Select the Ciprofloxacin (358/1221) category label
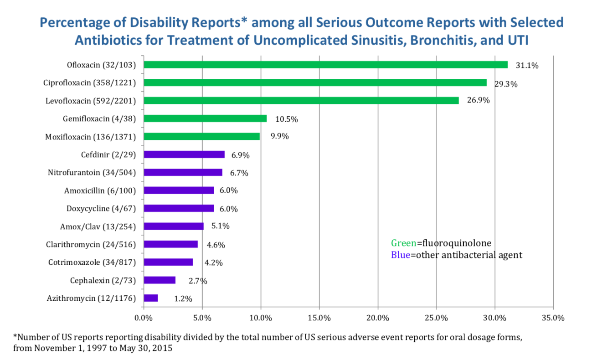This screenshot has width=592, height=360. (x=93, y=83)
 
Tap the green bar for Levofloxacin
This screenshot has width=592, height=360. (x=301, y=101)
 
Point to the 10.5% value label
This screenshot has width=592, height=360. (x=286, y=119)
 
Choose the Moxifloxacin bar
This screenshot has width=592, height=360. (x=201, y=136)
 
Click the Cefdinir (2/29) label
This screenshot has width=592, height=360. (x=109, y=154)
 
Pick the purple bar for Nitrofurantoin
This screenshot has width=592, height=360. (x=183, y=172)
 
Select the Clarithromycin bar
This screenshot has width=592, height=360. (x=170, y=244)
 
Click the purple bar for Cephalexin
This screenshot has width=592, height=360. (x=159, y=280)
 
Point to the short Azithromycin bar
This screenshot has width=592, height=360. (x=150, y=298)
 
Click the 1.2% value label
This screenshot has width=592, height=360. (x=183, y=299)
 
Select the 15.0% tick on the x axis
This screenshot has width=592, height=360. (x=319, y=317)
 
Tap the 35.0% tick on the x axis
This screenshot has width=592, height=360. (x=553, y=317)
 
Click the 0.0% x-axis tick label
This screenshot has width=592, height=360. (x=144, y=317)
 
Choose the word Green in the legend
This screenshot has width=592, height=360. (x=403, y=243)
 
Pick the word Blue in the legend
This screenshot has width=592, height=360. (x=400, y=255)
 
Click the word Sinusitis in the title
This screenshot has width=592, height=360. (x=363, y=40)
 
